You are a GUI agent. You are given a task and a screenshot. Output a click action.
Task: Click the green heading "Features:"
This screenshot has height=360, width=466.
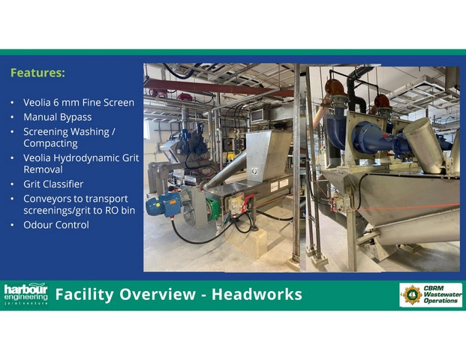[x=38, y=73]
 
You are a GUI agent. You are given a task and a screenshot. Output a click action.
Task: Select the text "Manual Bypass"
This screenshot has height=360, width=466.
[x=58, y=117]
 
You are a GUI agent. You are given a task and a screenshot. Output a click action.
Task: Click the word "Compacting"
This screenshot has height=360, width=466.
[x=50, y=143]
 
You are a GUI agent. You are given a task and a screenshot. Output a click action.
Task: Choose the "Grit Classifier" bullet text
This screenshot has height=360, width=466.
[x=53, y=184]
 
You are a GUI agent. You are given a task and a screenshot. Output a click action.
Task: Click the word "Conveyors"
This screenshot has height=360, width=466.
[x=44, y=199]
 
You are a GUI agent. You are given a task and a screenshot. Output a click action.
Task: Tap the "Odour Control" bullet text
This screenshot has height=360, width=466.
[x=56, y=225]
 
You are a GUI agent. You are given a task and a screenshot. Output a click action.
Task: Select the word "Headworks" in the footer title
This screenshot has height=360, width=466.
[x=257, y=294]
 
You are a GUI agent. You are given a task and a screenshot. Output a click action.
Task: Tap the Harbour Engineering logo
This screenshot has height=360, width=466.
[x=26, y=294]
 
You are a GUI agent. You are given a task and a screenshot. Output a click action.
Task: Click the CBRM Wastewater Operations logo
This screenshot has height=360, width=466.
[x=431, y=295]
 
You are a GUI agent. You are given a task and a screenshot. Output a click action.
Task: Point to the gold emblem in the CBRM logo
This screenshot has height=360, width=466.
[x=412, y=295]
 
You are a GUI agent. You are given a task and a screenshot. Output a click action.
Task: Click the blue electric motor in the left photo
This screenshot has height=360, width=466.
[x=164, y=204]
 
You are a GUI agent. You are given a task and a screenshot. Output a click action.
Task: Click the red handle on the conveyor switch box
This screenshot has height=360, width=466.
[x=248, y=202]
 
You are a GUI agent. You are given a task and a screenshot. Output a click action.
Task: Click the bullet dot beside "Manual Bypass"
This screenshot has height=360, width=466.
[x=12, y=117]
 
